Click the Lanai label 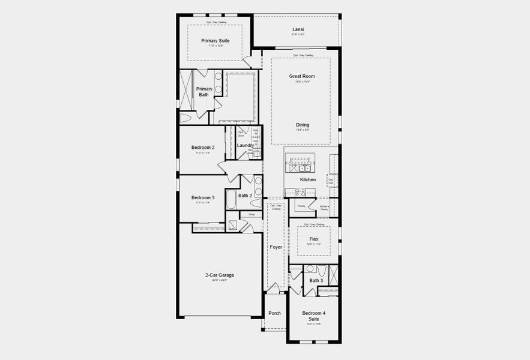(x=298, y=29)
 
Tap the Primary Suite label (x=215, y=41)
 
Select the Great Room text (x=301, y=76)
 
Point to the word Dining (x=303, y=125)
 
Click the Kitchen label (x=308, y=179)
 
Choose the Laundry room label (x=245, y=145)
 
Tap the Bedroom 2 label (x=203, y=148)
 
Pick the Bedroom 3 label (x=203, y=197)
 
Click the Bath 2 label (x=245, y=196)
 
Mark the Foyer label (x=276, y=247)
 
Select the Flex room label (x=314, y=239)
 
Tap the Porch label (x=275, y=313)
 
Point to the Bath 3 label (x=316, y=280)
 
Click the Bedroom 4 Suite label (x=314, y=316)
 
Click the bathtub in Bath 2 (x=231, y=199)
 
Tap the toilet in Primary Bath (x=185, y=118)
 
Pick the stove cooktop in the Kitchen (x=300, y=192)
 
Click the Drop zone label (x=251, y=214)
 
